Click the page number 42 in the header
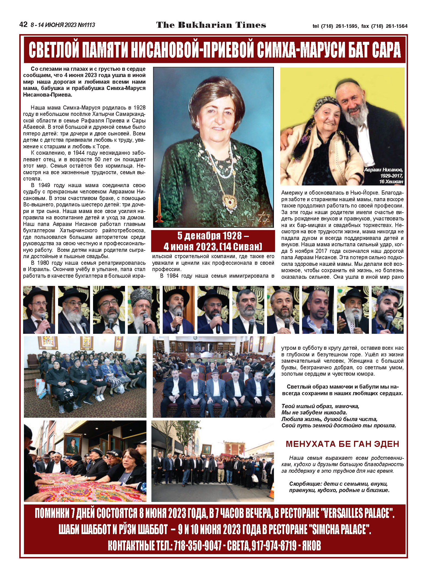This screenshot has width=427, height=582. coord(23,25)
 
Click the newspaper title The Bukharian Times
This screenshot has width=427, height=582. coord(211,25)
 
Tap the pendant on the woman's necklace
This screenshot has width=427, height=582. coord(229,201)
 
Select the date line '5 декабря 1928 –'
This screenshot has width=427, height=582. coord(213,236)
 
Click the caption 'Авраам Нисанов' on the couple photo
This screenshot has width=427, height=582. coord(383,170)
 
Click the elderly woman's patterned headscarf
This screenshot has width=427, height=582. coord(325,105)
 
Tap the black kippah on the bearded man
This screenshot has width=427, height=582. coord(347,83)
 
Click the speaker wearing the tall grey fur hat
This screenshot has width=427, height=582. coord(143,310)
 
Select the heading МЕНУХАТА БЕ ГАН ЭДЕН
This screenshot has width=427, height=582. coord(342,444)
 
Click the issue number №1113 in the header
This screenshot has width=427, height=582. coord(86,25)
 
